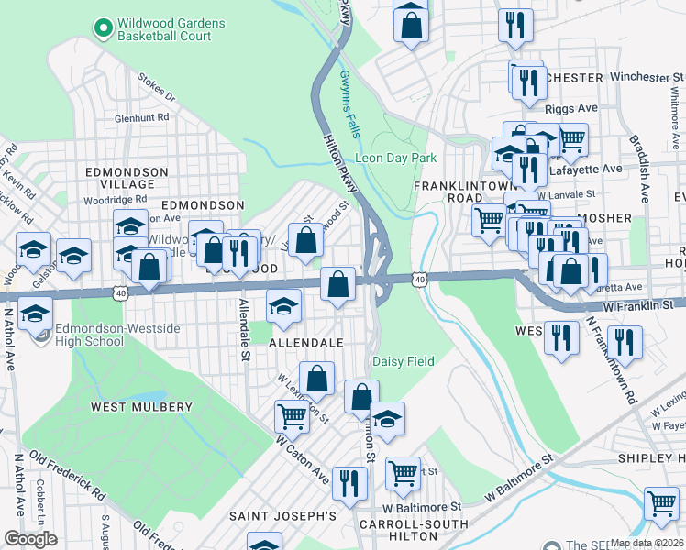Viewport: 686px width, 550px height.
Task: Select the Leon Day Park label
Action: pos(395,158)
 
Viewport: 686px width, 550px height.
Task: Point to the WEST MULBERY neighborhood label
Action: pos(141,406)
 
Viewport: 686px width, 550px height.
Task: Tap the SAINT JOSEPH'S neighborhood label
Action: pos(282,516)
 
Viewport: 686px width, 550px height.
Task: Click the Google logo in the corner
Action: pos(30,539)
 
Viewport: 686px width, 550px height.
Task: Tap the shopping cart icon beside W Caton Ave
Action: pos(292,417)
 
